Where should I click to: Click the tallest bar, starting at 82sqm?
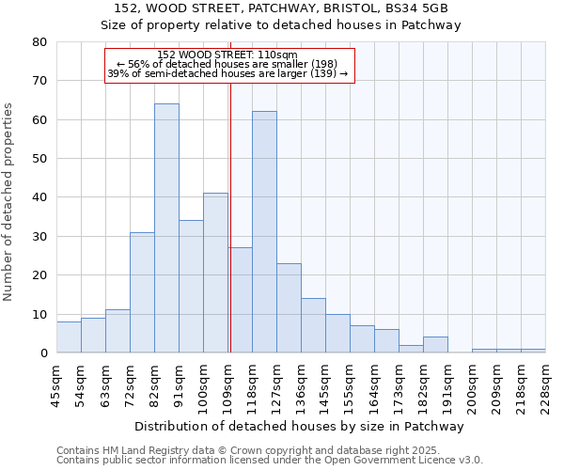166,228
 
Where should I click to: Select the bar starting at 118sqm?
264,232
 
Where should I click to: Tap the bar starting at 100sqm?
215,273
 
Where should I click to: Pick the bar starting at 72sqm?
142,292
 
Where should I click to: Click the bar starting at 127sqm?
289,308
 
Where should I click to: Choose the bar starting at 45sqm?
69,337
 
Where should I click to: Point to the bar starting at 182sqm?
435,345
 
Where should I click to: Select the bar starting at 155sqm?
362,339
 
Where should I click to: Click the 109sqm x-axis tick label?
228,384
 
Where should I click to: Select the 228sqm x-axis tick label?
545,384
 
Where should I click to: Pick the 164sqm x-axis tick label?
375,384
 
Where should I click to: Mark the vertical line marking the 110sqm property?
230,216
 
